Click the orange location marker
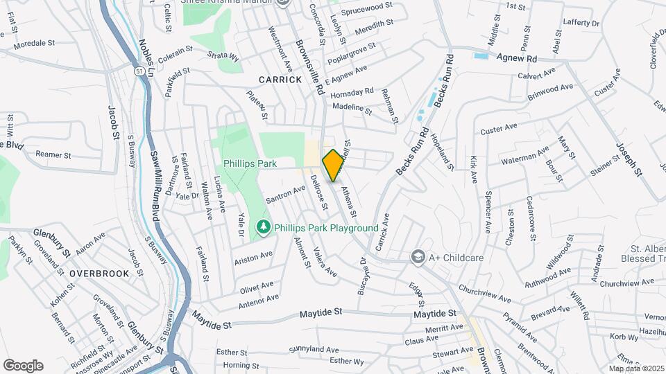click(x=333, y=165)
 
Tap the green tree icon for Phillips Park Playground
click(x=263, y=227)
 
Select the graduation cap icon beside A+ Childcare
click(x=417, y=257)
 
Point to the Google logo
click(x=23, y=366)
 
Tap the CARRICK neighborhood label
click(x=280, y=80)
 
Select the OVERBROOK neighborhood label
click(x=99, y=274)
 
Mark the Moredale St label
click(x=34, y=43)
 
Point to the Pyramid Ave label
click(x=520, y=327)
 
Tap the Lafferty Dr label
click(x=581, y=24)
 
